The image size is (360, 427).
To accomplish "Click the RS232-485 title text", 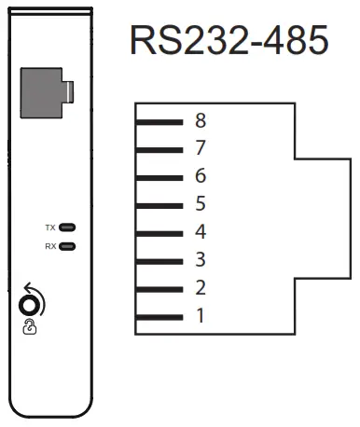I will tap(228, 42).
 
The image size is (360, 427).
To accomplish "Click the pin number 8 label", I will tap(201, 120).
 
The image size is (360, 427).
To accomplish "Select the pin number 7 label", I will tap(201, 148).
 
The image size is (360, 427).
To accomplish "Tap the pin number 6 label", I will tap(201, 176).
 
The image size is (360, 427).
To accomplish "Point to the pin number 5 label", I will tap(201, 204).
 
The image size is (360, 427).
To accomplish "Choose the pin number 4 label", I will tap(201, 232).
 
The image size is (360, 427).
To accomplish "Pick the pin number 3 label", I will tap(201, 259).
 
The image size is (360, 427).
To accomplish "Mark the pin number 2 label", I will tap(201, 287).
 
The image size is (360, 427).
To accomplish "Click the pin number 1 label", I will tap(201, 315).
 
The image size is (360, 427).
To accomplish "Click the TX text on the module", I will tap(50, 227).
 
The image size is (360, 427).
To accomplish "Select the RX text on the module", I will tap(50, 246).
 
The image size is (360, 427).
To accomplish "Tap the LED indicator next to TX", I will tap(67, 227).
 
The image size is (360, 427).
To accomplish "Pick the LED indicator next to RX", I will tap(67, 246).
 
